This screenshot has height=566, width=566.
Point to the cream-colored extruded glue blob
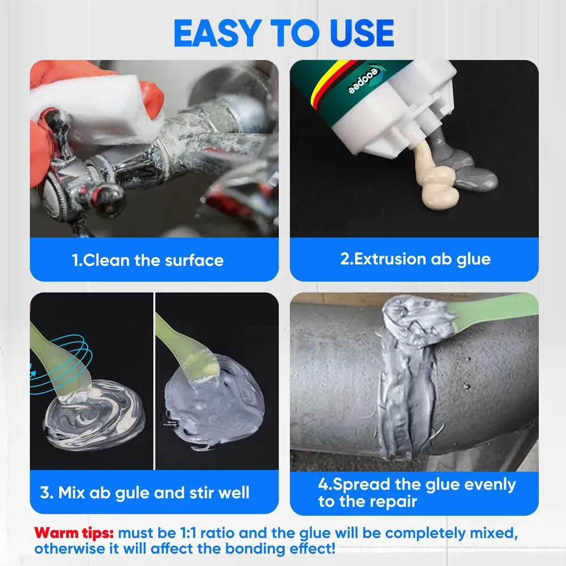tap(434, 177)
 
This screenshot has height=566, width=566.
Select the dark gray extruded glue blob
tap(466, 162)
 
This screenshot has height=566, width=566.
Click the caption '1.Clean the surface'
tap(148, 260)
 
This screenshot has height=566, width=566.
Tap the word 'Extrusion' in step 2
tap(383, 259)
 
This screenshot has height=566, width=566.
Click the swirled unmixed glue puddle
tap(94, 414)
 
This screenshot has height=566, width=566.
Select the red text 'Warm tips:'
tap(74, 533)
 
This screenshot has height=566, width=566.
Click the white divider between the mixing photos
tap(154, 381)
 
